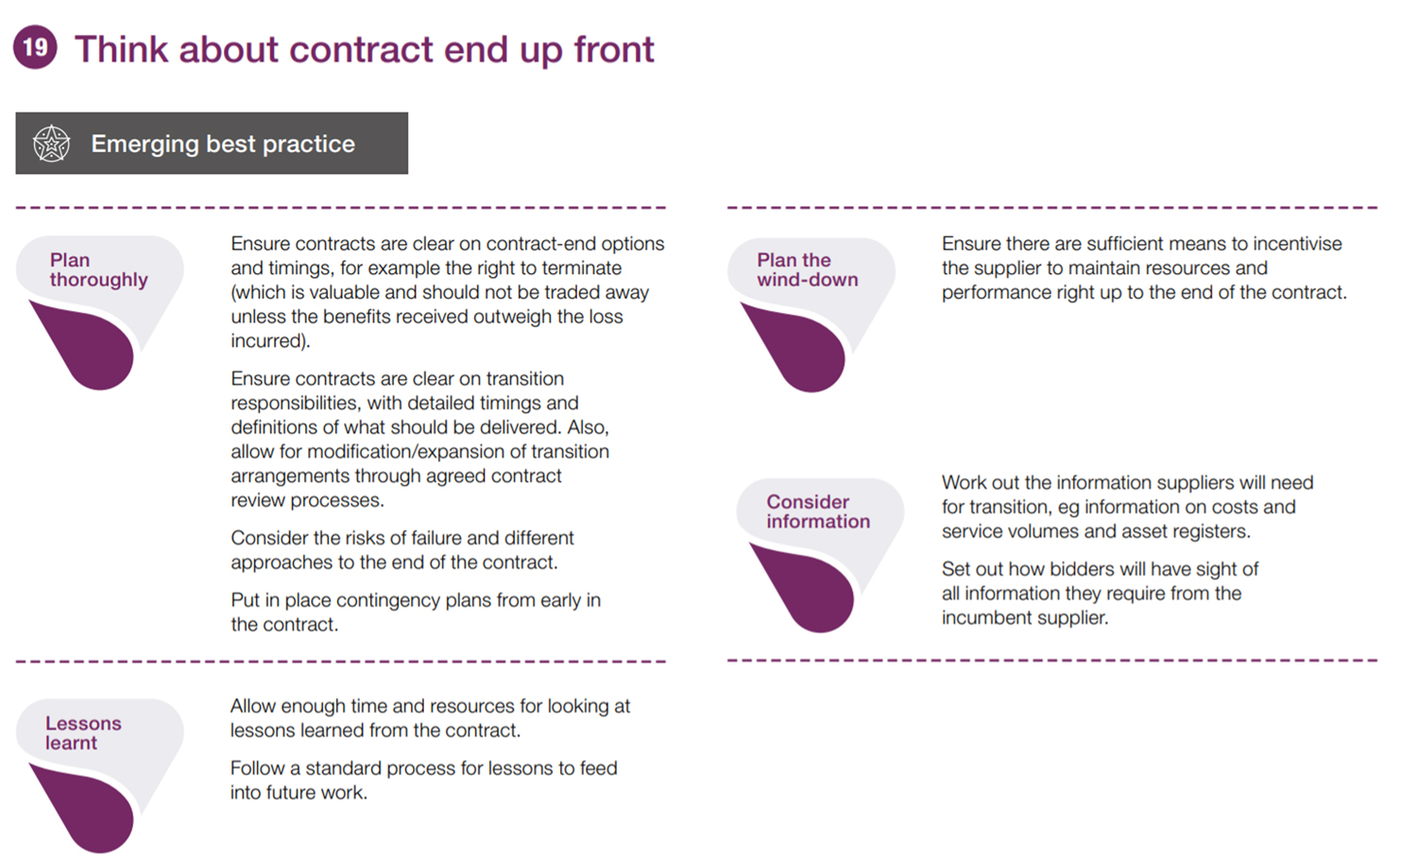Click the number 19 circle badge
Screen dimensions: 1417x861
point(36,47)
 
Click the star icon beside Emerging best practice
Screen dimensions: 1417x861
point(51,144)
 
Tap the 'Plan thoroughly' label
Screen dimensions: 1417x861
point(98,269)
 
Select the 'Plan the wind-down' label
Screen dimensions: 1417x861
point(807,269)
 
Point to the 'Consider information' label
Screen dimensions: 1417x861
point(818,511)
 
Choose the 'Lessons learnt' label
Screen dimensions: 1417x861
point(83,733)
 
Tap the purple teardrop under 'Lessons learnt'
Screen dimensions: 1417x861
point(85,809)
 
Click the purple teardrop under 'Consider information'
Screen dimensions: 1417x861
point(805,589)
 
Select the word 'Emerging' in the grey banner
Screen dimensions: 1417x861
point(145,145)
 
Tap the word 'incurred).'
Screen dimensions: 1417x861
point(270,341)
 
